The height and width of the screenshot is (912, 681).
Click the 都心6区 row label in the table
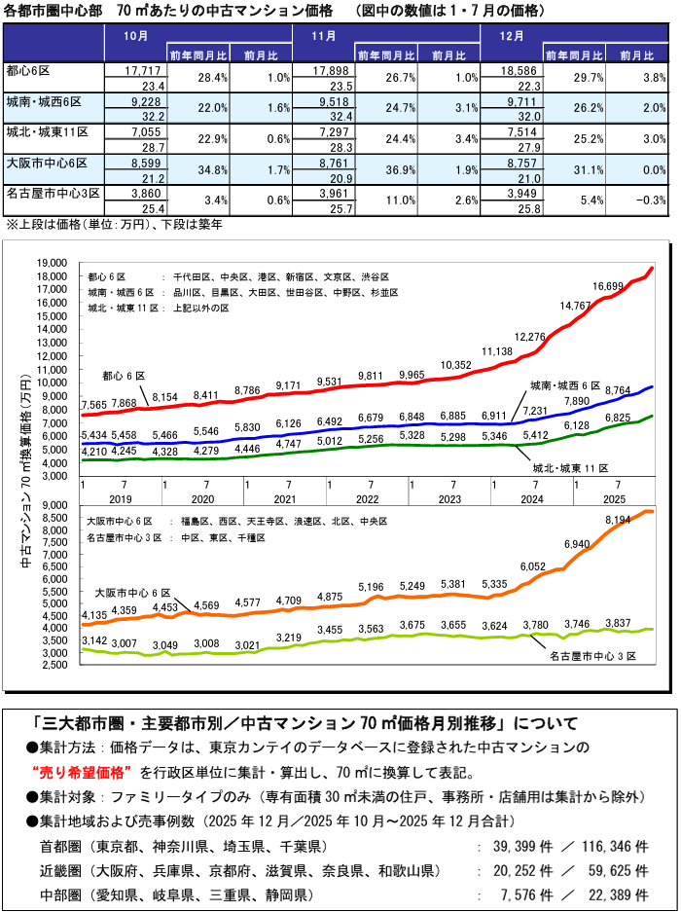coord(29,71)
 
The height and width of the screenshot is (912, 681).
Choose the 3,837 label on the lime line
coord(620,623)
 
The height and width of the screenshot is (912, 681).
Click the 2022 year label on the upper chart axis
coord(368,497)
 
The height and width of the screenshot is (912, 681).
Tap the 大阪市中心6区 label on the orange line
coord(132,592)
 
